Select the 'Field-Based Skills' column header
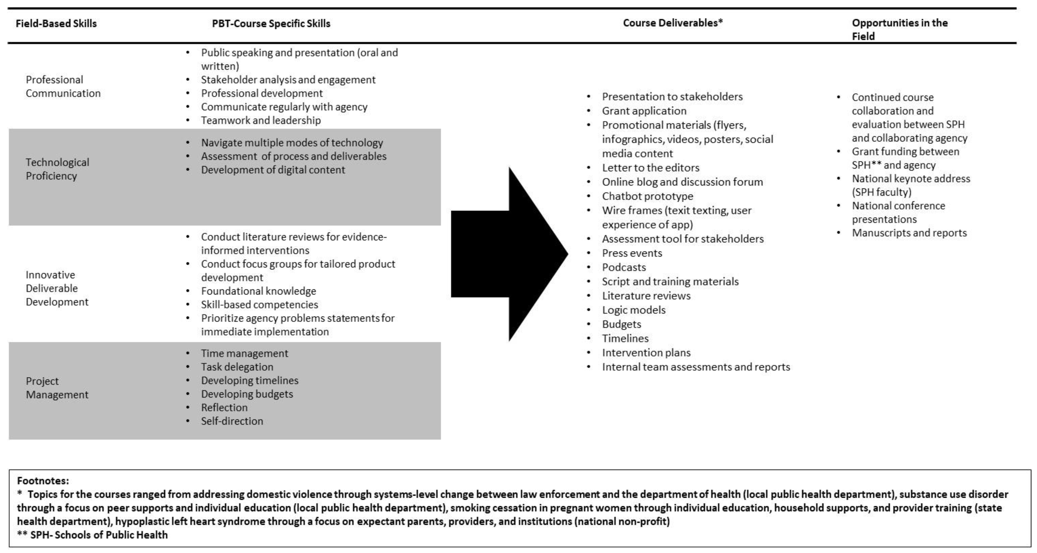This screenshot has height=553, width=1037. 56,23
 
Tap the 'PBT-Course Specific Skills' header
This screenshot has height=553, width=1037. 271,23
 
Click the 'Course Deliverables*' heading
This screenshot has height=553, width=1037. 673,23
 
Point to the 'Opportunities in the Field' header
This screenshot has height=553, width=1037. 899,29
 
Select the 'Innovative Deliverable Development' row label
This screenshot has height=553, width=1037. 57,288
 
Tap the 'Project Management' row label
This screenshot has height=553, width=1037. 57,388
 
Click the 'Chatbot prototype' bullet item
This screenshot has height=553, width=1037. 647,196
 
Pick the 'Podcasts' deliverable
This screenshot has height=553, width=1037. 624,267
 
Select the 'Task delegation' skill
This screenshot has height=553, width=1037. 237,367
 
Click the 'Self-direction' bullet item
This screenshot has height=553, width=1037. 232,421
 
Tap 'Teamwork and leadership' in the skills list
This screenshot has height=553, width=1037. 261,120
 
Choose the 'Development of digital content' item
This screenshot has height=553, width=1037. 273,170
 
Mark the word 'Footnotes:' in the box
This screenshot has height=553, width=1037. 43,481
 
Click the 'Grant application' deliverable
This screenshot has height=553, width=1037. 644,111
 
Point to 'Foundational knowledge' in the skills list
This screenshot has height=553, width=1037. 259,291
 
